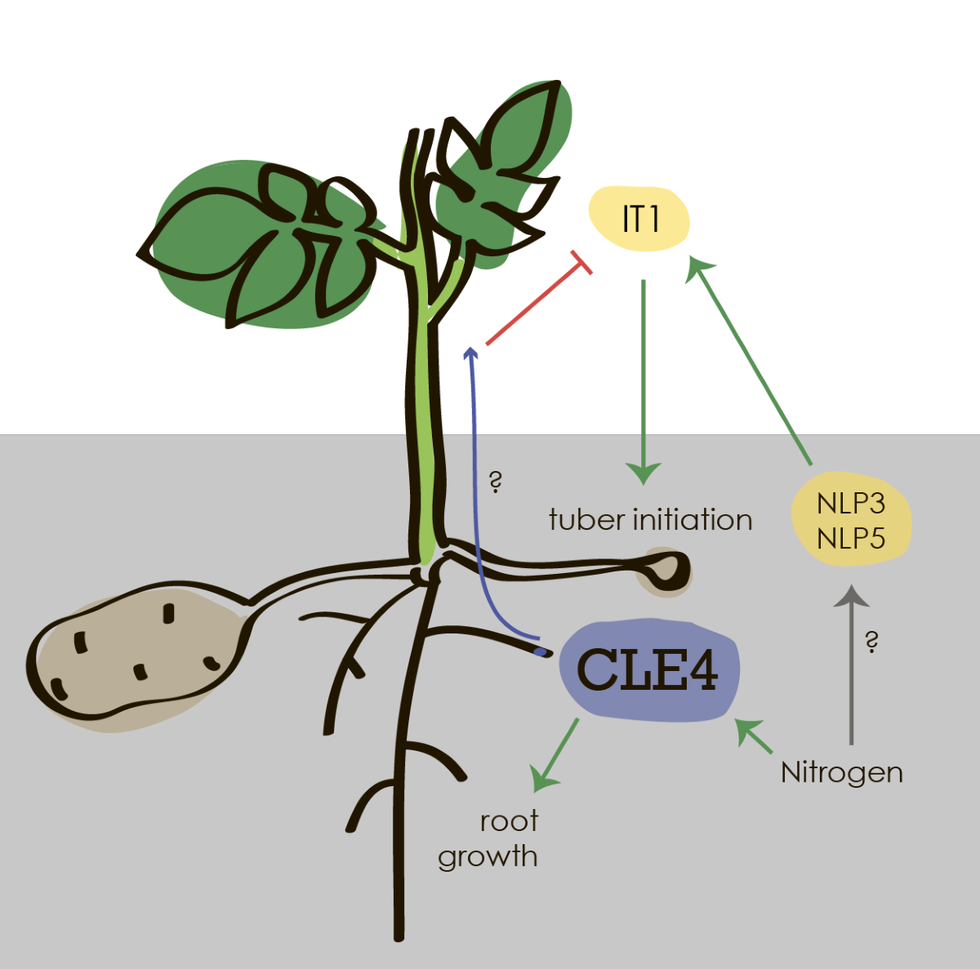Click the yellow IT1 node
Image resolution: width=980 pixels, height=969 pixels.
pos(639,219)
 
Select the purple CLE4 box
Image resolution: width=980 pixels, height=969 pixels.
pos(648,670)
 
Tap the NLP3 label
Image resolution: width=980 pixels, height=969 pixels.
pos(850,503)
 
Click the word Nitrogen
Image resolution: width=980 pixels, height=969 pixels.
pos(841,772)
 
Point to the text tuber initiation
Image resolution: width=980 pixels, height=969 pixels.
pos(650,519)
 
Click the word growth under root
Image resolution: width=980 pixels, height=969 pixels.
pos(488,857)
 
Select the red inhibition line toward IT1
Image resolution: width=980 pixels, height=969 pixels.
pos(535,302)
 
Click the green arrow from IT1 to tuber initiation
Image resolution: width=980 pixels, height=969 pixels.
pos(644,376)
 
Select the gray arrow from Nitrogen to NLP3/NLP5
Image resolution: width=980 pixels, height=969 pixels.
pos(851,669)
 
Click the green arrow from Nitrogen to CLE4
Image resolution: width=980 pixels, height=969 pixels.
pos(755,736)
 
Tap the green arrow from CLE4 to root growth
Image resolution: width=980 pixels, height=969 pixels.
pos(555,755)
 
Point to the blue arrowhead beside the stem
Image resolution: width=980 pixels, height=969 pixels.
pos(470,353)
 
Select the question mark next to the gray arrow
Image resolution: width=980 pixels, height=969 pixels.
pos(871,642)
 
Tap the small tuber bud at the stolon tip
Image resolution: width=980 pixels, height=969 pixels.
pos(668,570)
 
